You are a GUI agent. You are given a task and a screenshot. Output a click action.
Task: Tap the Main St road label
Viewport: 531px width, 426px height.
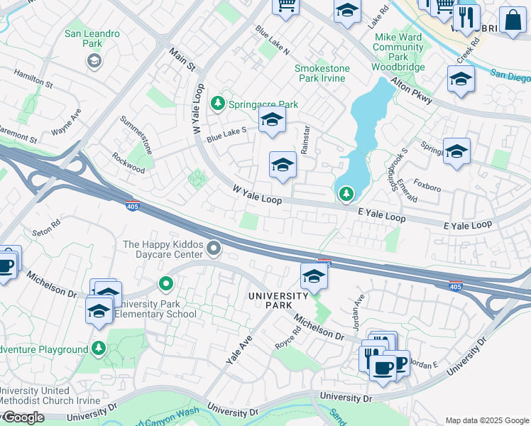[182, 60]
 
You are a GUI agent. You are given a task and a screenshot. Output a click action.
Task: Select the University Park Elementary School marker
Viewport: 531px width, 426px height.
[166, 285]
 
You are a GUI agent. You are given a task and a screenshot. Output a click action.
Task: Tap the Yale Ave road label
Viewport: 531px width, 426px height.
[239, 350]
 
